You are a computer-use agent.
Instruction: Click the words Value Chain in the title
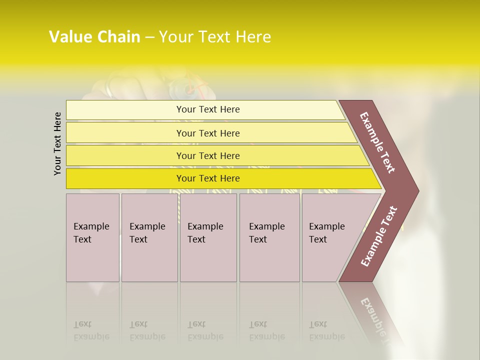(x=94, y=37)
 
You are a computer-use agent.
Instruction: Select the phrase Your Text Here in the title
(x=215, y=37)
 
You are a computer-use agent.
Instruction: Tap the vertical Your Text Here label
(x=57, y=143)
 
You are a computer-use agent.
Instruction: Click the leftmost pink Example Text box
(x=92, y=237)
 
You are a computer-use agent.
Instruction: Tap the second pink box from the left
(x=149, y=237)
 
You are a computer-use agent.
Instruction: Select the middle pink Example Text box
(x=208, y=237)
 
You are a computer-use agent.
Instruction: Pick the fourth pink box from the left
(x=269, y=237)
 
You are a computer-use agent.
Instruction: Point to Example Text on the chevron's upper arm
(x=377, y=142)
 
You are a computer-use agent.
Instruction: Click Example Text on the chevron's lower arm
(x=379, y=236)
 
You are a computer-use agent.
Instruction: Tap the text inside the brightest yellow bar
(x=208, y=178)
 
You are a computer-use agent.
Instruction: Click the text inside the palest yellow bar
(x=208, y=109)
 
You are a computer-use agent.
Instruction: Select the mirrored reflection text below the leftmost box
(x=91, y=330)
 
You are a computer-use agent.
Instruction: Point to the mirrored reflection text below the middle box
(x=205, y=330)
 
